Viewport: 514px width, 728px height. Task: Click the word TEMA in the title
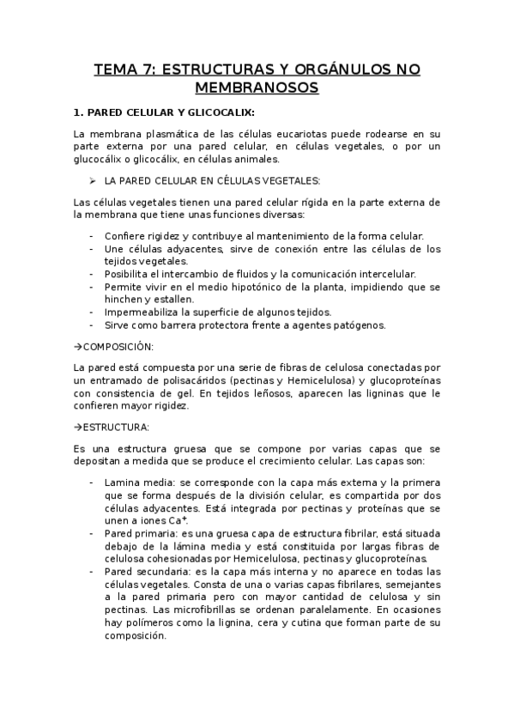tap(115, 70)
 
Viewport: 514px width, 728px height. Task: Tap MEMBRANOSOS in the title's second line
tap(257, 88)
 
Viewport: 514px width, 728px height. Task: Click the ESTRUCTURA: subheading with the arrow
tap(114, 427)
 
